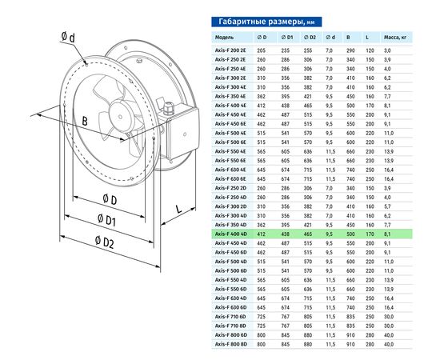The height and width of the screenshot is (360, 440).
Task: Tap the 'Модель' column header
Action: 224,38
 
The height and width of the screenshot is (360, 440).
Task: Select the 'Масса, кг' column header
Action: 395,38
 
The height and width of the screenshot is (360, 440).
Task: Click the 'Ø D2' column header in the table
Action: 310,38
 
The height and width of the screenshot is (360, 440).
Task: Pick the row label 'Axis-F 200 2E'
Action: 230,50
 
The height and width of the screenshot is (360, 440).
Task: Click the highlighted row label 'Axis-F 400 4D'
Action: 230,234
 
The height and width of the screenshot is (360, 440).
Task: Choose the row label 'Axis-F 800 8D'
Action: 230,344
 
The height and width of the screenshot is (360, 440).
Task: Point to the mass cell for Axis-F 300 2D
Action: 387,206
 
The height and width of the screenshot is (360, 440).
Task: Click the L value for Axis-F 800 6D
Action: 370,335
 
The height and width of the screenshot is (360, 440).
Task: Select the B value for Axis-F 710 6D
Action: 350,317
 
